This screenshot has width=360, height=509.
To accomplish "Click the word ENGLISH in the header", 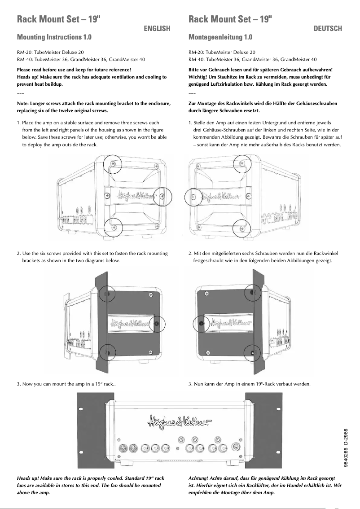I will (x=157, y=29).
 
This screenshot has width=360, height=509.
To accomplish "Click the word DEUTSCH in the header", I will (x=328, y=29).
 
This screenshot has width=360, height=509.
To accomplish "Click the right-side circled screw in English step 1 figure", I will (x=162, y=195).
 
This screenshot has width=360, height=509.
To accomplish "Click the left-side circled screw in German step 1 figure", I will (x=193, y=196).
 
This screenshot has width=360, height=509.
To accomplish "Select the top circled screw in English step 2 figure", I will (x=106, y=294).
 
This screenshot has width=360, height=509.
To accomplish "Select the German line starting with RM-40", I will (x=252, y=59).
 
